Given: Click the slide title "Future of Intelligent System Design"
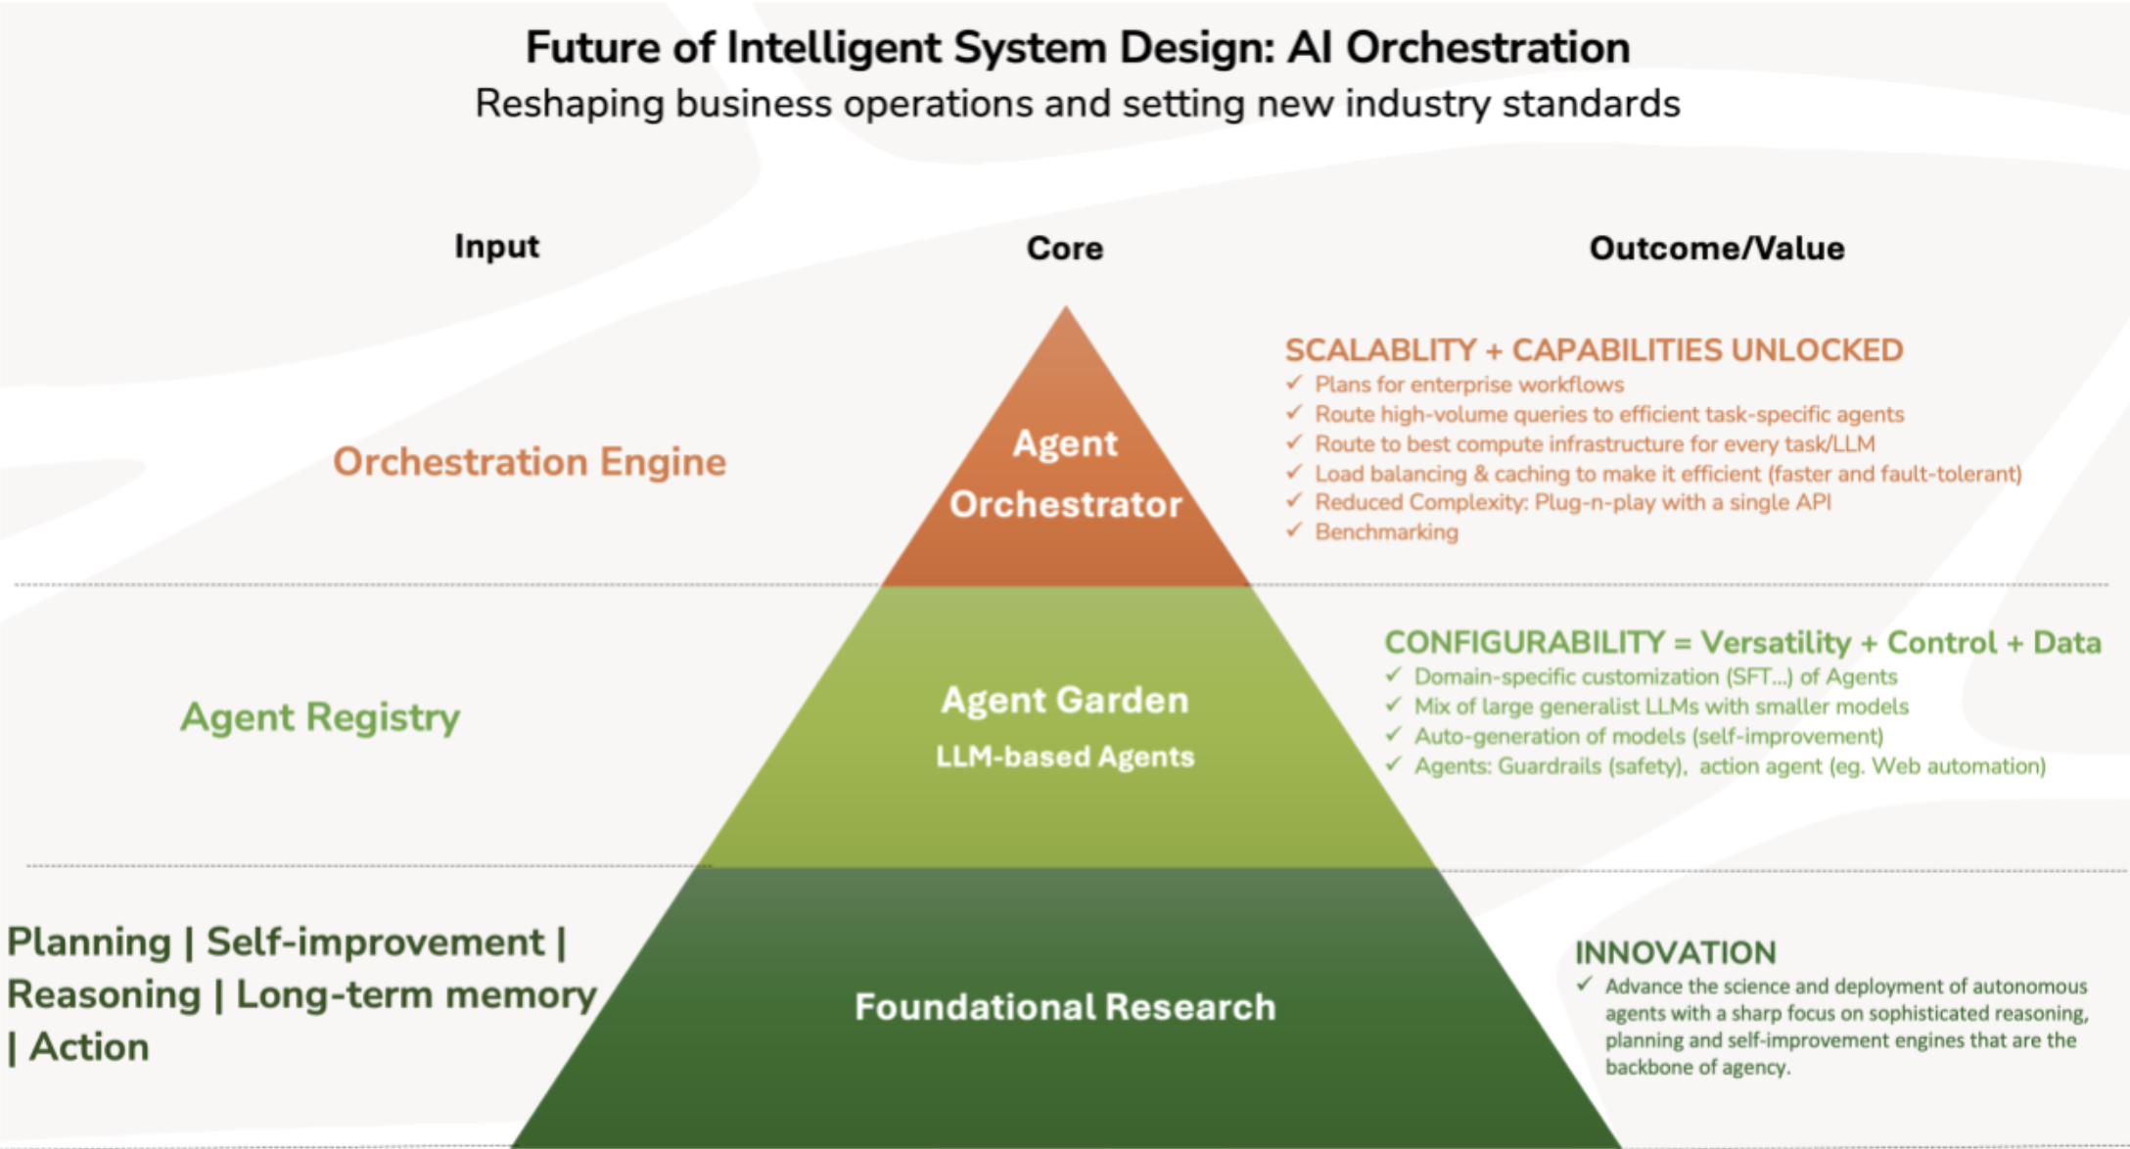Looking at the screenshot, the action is click(x=1077, y=48).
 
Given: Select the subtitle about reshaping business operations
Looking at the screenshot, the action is click(x=1077, y=104).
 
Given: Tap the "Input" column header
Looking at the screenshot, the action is click(x=496, y=247).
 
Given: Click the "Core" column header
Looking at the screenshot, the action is click(x=1065, y=249).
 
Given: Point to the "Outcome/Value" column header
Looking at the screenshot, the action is click(x=1716, y=249).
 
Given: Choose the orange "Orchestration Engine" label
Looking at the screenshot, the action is click(x=530, y=462).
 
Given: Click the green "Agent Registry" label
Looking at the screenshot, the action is click(x=320, y=717).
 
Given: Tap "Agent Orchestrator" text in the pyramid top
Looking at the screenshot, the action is click(x=1065, y=475).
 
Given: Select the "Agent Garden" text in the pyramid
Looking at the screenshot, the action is click(x=1065, y=701).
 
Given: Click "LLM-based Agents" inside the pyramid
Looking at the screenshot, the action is click(x=1065, y=757).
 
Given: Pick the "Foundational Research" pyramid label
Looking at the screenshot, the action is click(x=1065, y=1007).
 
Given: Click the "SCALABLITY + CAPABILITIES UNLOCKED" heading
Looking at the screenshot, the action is click(x=1594, y=350).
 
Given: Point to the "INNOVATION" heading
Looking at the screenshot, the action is click(x=1675, y=952).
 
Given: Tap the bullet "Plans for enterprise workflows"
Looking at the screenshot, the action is click(x=1468, y=385).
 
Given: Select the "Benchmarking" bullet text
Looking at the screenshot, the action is click(x=1386, y=532).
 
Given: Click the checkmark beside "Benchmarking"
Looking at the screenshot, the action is click(x=1294, y=529).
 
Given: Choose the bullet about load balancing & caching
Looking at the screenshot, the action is click(x=1667, y=474).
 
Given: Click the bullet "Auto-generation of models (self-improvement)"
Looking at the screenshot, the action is click(x=1648, y=736).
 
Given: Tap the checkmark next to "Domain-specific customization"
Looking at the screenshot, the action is click(x=1394, y=674).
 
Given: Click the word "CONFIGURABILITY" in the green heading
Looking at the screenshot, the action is click(x=1524, y=643).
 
